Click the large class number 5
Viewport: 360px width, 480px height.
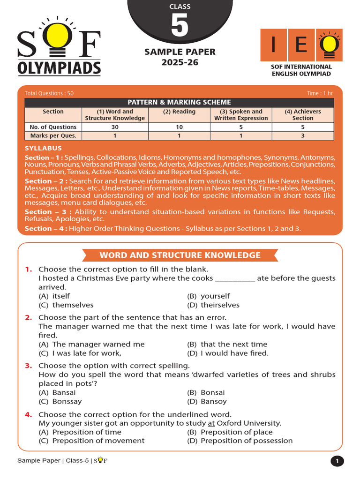pos(180,26)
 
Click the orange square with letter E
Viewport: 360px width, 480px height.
pos(301,45)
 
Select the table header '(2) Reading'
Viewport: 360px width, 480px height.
pos(179,112)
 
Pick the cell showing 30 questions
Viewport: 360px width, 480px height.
pos(115,127)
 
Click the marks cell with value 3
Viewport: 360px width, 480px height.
pos(302,136)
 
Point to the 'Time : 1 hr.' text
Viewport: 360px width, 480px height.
pos(320,93)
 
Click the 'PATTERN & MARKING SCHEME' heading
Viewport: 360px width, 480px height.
pos(179,102)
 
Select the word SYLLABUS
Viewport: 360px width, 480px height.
pos(43,148)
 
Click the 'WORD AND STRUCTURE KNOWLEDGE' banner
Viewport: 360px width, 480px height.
pos(180,255)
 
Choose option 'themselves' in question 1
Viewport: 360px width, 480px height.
pos(73,305)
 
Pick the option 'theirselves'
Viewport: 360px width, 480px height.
pos(220,305)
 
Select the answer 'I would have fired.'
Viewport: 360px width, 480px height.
pos(234,353)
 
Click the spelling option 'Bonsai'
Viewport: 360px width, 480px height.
pos(213,392)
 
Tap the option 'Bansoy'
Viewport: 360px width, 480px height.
pos(213,401)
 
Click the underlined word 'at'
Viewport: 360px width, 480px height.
pos(211,423)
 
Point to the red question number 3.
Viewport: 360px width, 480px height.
pos(29,366)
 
